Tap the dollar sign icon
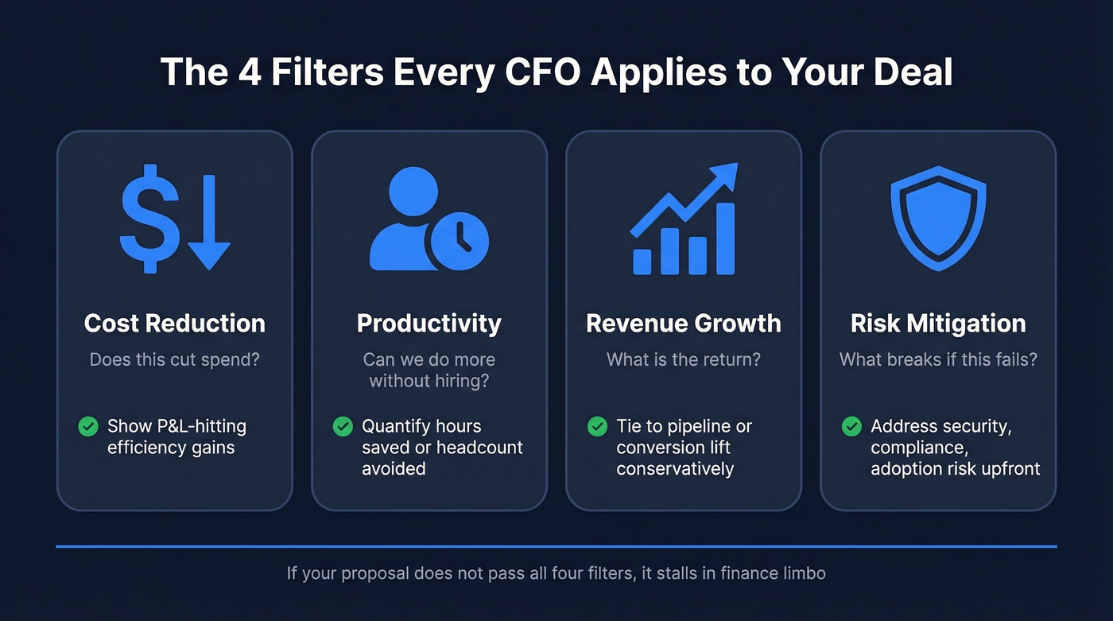coord(149,218)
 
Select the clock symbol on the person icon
coord(459,239)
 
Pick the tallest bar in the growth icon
coord(726,239)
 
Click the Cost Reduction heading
coord(175,324)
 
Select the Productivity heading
coord(429,324)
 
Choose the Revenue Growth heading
coord(684,324)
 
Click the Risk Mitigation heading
coord(938,324)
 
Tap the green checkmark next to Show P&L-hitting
coord(88,426)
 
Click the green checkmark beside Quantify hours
coord(343,426)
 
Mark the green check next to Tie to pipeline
coord(597,426)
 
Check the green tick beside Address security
coord(851,426)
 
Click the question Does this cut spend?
coord(175,359)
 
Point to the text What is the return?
coord(684,359)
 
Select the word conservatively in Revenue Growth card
coord(675,468)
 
